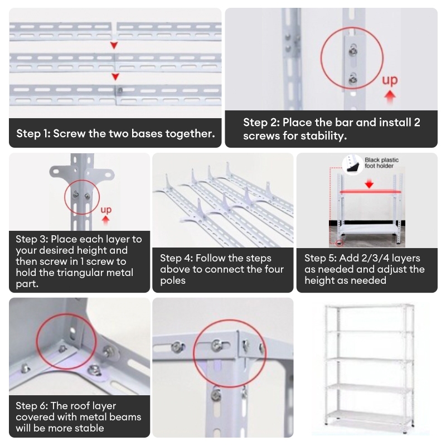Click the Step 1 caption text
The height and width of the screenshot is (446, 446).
tap(115, 134)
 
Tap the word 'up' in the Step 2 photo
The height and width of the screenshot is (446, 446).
tap(390, 80)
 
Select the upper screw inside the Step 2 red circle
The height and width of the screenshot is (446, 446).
tap(352, 51)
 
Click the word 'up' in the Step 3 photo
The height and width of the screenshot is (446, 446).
tap(106, 210)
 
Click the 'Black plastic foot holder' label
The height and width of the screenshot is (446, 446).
tap(382, 163)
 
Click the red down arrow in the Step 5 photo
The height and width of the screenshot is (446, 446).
tap(369, 183)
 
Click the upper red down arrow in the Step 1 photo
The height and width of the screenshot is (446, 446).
tap(114, 45)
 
